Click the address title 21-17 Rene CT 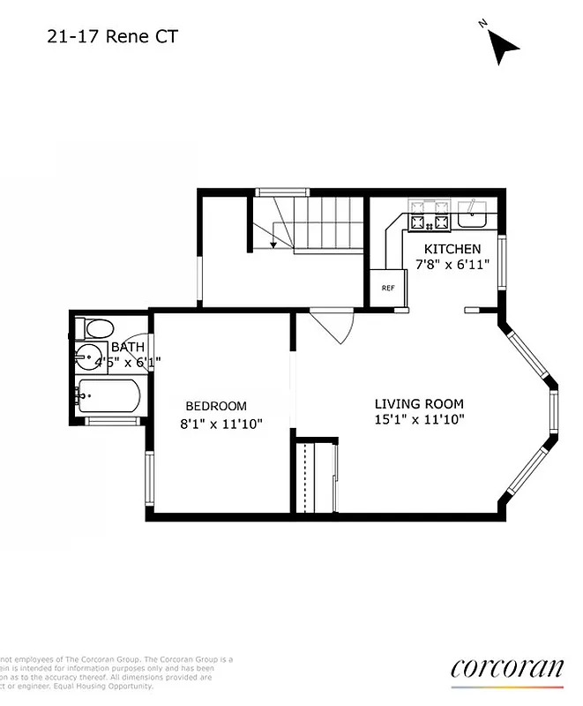pos(103,37)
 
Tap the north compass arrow pos(503,47)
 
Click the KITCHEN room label pos(452,250)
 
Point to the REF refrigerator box pos(387,288)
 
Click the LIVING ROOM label pos(419,404)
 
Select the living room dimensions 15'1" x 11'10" pos(419,420)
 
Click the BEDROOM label pos(216,406)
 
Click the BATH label pos(128,348)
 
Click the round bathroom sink pos(88,358)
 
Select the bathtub pos(108,397)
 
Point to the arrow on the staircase pos(274,244)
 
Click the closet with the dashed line pos(315,477)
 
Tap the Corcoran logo pos(506,668)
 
